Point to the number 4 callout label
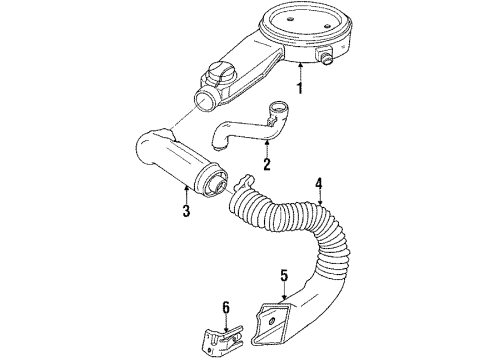coord(319,183)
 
